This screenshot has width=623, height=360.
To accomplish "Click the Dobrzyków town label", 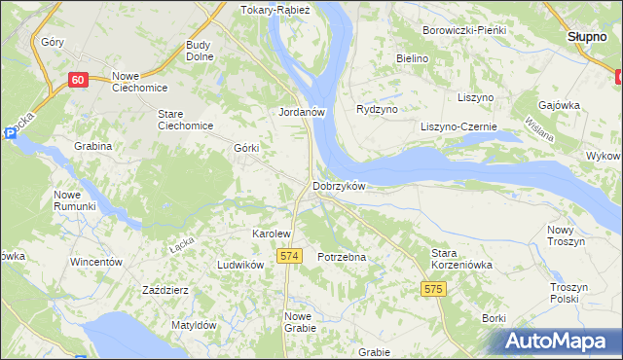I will pyautogui.click(x=338, y=186).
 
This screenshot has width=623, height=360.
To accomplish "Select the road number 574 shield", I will pyautogui.click(x=287, y=255).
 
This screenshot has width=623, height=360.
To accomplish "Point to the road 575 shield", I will pyautogui.click(x=434, y=289).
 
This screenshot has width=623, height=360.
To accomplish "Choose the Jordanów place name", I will pyautogui.click(x=301, y=112).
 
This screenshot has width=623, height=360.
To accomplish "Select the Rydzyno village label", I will pyautogui.click(x=377, y=110).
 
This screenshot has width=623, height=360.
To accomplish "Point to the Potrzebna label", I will pyautogui.click(x=342, y=257).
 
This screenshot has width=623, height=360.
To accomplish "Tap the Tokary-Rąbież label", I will pyautogui.click(x=274, y=11).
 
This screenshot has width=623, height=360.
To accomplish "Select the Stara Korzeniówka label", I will pyautogui.click(x=462, y=259).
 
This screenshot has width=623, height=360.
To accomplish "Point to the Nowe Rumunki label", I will pyautogui.click(x=74, y=200).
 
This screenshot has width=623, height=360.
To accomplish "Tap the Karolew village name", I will pyautogui.click(x=272, y=234).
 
